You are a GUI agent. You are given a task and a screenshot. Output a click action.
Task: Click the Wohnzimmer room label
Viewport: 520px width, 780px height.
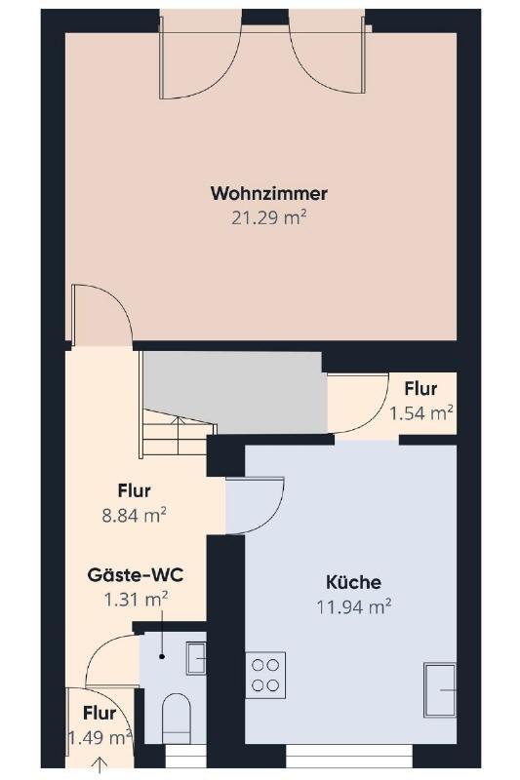click(x=268, y=193)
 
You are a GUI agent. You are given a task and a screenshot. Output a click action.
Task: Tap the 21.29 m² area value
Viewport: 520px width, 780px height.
click(x=268, y=217)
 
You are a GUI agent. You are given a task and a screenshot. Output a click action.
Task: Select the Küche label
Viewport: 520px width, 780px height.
click(x=354, y=581)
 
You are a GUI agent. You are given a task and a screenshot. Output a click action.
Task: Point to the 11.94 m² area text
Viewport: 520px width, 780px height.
click(x=354, y=606)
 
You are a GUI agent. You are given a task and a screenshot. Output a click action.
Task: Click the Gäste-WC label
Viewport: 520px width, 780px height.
click(x=136, y=575)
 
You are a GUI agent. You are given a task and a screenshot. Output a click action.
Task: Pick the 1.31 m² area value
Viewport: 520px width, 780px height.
click(x=136, y=600)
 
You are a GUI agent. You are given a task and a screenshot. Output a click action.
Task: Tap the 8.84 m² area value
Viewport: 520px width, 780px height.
click(x=135, y=516)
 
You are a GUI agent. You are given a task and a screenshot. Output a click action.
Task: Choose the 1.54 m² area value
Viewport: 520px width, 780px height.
click(x=421, y=413)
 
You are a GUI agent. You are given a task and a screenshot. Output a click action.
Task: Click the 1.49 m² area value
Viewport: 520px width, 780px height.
click(x=100, y=737)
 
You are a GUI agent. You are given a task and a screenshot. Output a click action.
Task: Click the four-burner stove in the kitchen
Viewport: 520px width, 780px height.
click(x=265, y=675)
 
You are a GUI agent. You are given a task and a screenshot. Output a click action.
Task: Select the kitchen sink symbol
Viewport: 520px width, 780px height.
click(x=440, y=690)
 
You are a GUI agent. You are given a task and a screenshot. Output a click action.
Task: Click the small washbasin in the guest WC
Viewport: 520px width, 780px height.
click(x=196, y=658)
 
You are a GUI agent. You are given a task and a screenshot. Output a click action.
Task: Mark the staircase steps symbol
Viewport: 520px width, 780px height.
click(x=178, y=432)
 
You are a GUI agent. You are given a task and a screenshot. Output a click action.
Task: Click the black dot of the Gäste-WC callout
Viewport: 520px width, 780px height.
click(x=162, y=657)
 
